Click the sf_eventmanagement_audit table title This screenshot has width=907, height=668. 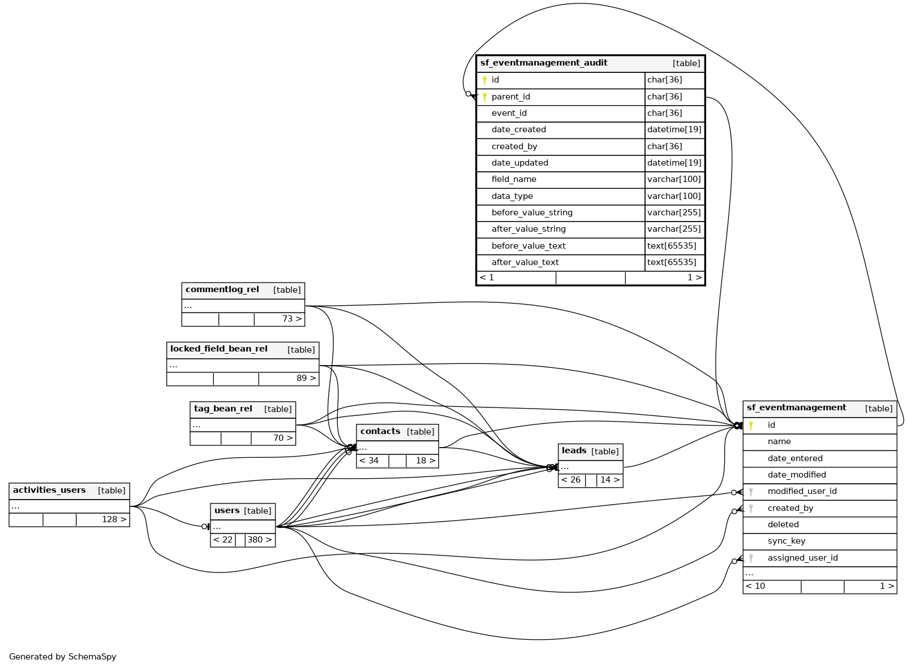(544, 63)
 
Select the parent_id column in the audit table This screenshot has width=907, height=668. (510, 97)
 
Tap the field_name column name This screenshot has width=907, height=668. (514, 179)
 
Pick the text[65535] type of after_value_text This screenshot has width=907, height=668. (672, 262)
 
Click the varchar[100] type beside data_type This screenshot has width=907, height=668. (674, 196)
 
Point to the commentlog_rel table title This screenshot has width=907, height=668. (222, 290)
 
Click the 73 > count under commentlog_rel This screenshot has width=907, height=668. (292, 319)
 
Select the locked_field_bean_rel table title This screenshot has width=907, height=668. (219, 349)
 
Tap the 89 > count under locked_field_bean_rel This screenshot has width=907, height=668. (306, 378)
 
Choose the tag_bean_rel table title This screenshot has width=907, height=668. (223, 409)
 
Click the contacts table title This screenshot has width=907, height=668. (380, 432)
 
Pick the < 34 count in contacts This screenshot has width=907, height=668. (369, 461)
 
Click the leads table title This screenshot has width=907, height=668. (574, 451)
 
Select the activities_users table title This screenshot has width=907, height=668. (49, 491)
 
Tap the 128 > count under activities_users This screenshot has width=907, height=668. (114, 519)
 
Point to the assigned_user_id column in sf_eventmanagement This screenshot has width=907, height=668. (802, 558)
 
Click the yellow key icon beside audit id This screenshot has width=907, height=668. (484, 80)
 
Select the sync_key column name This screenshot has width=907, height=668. (786, 541)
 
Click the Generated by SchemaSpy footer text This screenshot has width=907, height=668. (63, 657)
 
